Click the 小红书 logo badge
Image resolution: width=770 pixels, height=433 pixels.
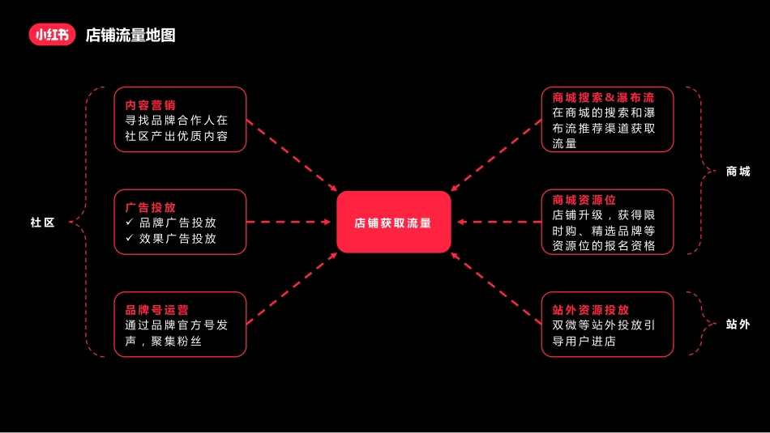point(52,34)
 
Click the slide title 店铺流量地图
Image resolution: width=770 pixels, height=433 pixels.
point(130,35)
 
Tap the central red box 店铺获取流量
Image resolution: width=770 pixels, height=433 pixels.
point(394,222)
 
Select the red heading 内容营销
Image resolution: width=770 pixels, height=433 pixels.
point(150,105)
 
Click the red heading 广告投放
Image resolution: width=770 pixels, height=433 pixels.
point(150,207)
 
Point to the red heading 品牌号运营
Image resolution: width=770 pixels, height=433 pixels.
point(156,310)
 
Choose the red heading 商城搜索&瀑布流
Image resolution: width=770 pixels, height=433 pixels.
point(603,97)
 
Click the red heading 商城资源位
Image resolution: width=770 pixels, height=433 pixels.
point(584,200)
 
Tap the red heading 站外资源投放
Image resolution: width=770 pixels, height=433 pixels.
point(590,310)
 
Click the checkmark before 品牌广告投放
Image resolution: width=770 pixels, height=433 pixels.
point(130,222)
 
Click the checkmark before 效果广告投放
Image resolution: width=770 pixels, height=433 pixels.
point(130,238)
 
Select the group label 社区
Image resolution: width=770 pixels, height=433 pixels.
point(42,223)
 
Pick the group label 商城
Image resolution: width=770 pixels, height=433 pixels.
point(738,171)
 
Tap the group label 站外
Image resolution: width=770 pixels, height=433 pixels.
point(738,324)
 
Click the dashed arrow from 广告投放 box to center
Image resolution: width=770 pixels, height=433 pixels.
point(289,222)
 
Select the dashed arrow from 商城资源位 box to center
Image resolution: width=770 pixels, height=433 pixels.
point(499,222)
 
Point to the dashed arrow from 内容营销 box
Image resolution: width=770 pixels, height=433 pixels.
point(292,155)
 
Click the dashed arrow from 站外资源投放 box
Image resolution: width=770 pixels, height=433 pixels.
point(496,289)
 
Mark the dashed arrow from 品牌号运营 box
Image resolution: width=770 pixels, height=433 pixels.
point(292,289)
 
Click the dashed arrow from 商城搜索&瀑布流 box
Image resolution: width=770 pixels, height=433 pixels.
point(496,155)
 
